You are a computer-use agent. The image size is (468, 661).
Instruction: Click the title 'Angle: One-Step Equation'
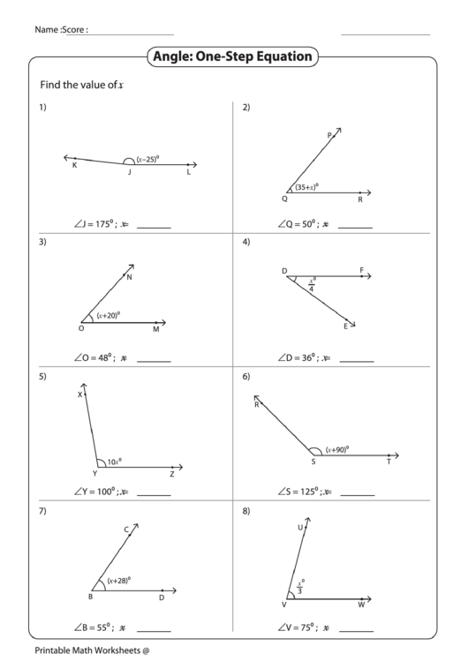(233, 57)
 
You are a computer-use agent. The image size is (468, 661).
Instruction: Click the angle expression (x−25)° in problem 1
(147, 159)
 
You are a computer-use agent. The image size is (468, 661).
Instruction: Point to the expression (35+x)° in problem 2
(306, 187)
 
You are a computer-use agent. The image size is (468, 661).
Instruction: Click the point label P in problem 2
(329, 136)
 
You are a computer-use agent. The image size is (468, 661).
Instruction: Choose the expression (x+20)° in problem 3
(109, 314)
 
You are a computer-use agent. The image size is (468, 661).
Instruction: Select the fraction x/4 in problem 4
(312, 285)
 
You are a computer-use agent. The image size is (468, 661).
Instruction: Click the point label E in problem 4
(345, 327)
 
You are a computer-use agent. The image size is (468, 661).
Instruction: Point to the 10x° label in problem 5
(114, 461)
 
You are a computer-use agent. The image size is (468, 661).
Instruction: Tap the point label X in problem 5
(79, 395)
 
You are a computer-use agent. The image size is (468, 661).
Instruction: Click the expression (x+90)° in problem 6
(336, 450)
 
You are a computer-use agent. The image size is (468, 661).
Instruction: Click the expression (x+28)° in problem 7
(119, 581)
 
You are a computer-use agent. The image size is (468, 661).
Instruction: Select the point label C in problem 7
(126, 530)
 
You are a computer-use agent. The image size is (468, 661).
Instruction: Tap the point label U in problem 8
(300, 528)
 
